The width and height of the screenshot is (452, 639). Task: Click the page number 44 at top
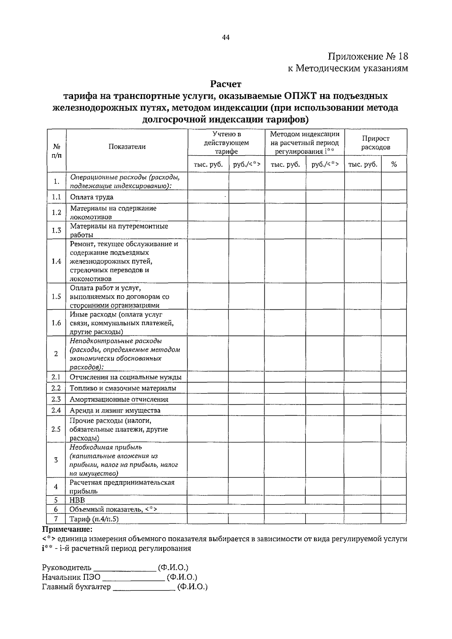coord(226,37)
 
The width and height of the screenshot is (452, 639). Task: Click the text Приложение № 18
coord(368,57)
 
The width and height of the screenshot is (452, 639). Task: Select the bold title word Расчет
coord(226,84)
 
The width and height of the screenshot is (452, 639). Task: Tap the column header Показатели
coord(127,147)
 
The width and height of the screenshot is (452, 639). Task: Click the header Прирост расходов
coord(376,143)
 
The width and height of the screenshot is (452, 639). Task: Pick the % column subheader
coord(394,164)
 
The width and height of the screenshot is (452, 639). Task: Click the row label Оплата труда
coord(92,197)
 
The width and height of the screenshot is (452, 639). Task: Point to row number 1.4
coord(56,261)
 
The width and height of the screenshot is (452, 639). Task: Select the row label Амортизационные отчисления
coord(119,399)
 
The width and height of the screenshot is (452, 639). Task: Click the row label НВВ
coord(77,500)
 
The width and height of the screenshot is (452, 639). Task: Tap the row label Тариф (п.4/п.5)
coord(94,519)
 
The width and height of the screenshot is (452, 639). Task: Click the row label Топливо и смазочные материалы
coord(123,388)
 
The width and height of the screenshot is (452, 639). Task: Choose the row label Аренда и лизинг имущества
coord(115,410)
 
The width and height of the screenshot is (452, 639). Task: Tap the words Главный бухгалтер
coord(76,587)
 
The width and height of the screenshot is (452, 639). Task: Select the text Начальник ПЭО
coord(71,577)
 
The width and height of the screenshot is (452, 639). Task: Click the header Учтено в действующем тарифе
coord(226,143)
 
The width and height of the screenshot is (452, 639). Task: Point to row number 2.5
coord(56,429)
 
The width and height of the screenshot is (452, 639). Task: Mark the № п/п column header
coord(56,150)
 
